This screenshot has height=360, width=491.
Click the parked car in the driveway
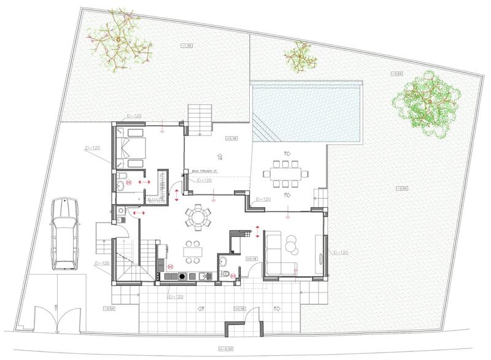point(65,233)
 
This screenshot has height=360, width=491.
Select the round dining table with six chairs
point(198,216)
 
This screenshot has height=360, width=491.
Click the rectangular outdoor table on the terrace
point(287,174)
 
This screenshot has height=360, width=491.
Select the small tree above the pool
point(299,55)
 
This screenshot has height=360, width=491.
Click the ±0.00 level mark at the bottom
point(244,350)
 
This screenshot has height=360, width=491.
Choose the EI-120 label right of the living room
point(339,253)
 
